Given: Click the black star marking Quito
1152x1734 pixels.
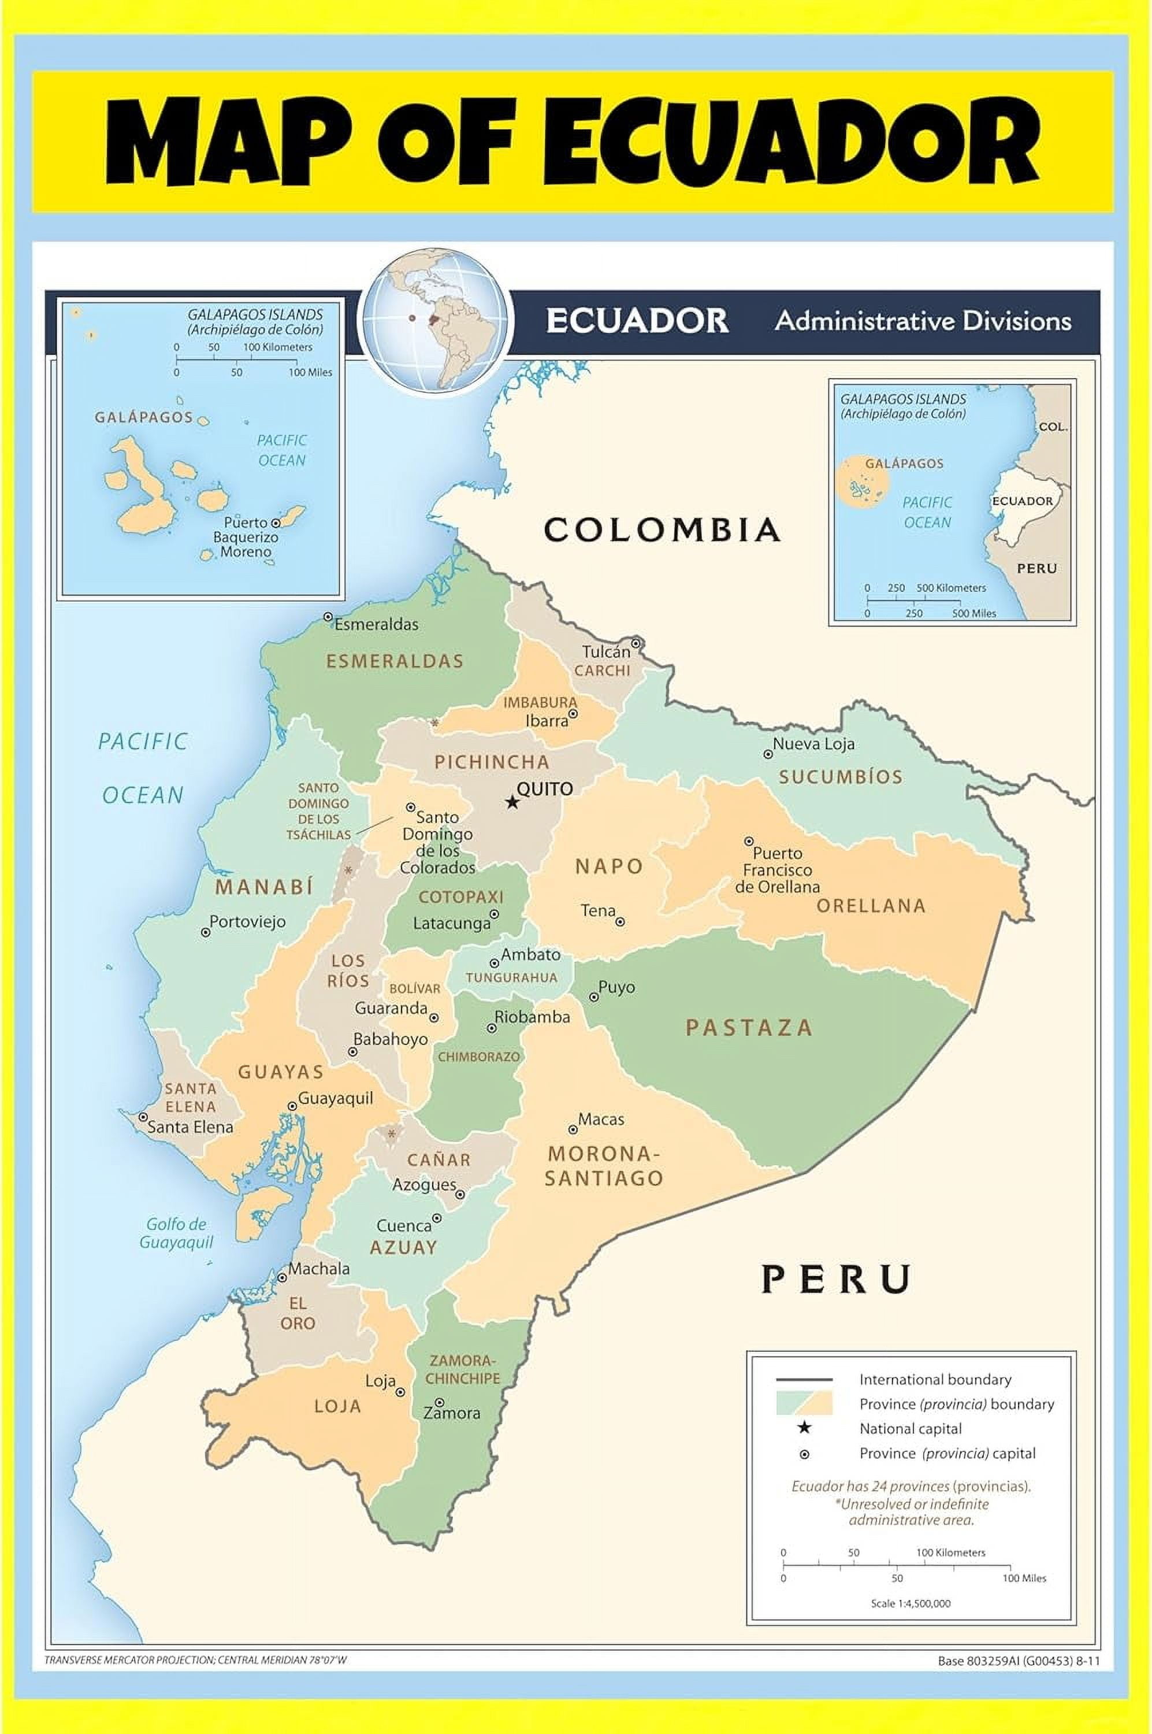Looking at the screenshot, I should pos(512,802).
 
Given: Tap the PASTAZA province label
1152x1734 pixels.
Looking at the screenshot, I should pos(749,1028).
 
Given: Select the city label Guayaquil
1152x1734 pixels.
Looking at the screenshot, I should pos(335,1098).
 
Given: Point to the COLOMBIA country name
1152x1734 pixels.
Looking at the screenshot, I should pos(662,530).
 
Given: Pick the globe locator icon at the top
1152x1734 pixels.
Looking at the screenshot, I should pos(435,320).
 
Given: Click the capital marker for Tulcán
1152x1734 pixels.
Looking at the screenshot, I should pos(636,643).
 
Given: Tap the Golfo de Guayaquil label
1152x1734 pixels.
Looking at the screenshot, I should pos(176,1233).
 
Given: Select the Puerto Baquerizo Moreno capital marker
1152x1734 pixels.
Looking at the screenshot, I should pos(276,523).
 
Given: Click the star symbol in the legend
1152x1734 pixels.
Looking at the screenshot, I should pos(804,1428).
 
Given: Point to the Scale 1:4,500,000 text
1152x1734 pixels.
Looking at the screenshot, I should pos(911,1603).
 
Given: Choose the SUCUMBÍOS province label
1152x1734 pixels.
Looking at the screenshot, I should pos(841,777).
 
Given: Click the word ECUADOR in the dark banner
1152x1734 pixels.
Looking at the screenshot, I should pos(636,321).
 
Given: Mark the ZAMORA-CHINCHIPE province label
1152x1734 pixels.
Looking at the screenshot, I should pos(462,1369).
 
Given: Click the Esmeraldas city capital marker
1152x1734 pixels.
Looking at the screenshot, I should pos(328,617).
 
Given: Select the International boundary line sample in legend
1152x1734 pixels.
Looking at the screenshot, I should pos(804,1379).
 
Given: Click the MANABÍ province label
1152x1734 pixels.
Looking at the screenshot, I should pos(265,887).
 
